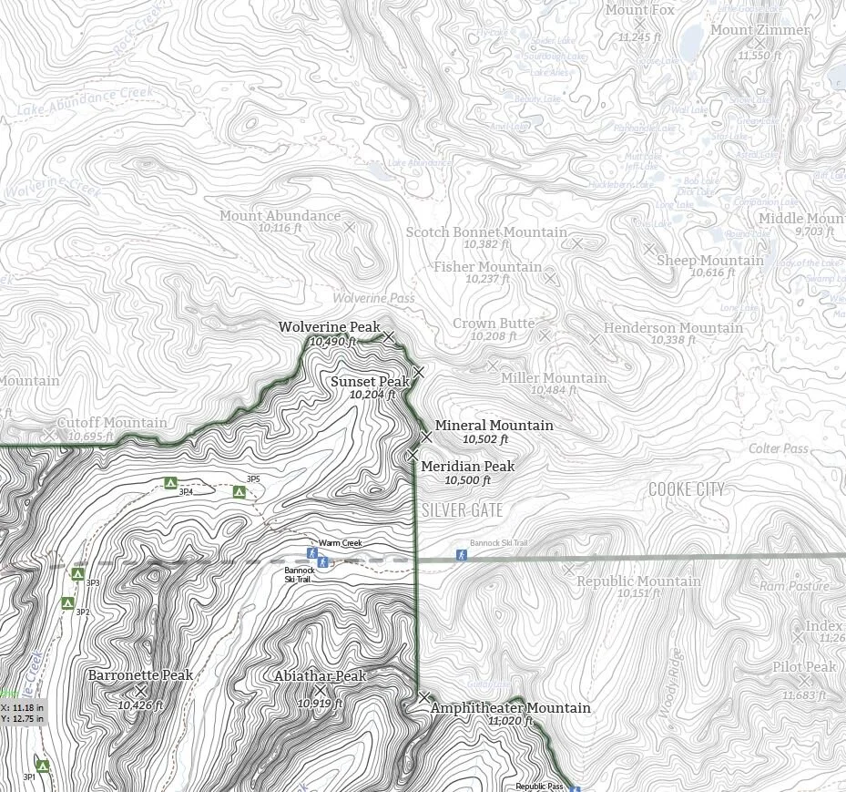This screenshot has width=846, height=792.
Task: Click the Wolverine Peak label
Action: click(329, 327)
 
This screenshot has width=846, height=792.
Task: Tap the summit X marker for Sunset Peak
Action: click(419, 371)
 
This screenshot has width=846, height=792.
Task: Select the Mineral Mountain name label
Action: click(494, 426)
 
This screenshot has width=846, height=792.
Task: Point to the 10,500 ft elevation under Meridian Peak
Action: click(467, 480)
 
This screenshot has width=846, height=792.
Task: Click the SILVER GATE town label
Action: click(462, 510)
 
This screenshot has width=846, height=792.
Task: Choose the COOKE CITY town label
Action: click(687, 490)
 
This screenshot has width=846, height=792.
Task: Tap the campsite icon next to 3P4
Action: click(168, 482)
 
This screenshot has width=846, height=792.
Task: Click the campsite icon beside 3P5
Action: click(240, 492)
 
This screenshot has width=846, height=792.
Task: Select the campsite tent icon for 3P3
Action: click(77, 573)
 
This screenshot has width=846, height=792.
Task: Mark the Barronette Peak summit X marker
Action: click(141, 691)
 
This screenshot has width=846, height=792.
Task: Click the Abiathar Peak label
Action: click(320, 676)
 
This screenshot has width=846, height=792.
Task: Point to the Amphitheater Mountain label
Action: click(510, 708)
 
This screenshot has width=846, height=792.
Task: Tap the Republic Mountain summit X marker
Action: click(569, 570)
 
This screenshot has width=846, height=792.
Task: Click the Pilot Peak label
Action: click(804, 667)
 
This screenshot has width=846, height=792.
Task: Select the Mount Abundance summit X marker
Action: click(349, 226)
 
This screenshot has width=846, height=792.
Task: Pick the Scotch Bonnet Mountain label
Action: click(486, 232)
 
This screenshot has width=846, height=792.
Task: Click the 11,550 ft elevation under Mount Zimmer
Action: click(754, 56)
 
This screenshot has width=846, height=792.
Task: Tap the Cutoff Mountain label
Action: click(112, 423)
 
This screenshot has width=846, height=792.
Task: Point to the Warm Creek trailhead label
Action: click(340, 544)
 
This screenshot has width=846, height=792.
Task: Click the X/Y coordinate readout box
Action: click(22, 713)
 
